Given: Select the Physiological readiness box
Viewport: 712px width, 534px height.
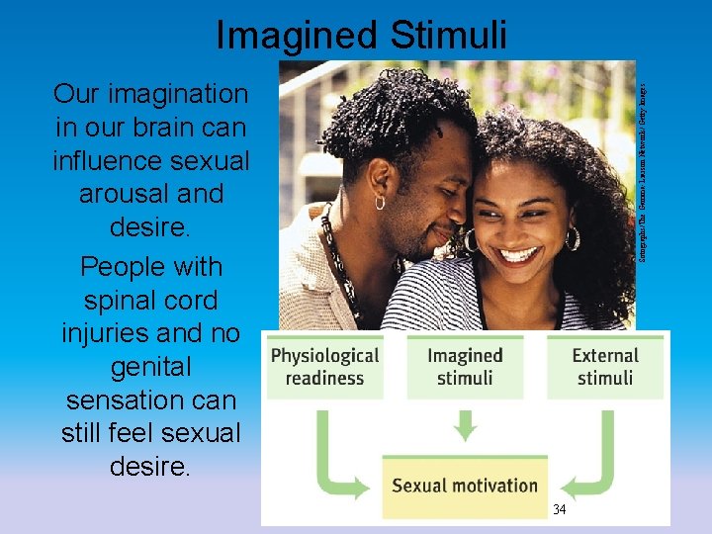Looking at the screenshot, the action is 325,367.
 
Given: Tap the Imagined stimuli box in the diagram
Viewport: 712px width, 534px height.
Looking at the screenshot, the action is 465,367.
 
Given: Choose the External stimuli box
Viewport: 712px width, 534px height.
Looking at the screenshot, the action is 605,367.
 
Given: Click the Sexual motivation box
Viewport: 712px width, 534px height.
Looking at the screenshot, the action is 465,485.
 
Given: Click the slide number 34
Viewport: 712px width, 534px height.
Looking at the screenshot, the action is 559,510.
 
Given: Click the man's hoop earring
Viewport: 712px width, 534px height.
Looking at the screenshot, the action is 380,202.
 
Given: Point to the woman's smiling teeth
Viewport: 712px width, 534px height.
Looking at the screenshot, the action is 518,254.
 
